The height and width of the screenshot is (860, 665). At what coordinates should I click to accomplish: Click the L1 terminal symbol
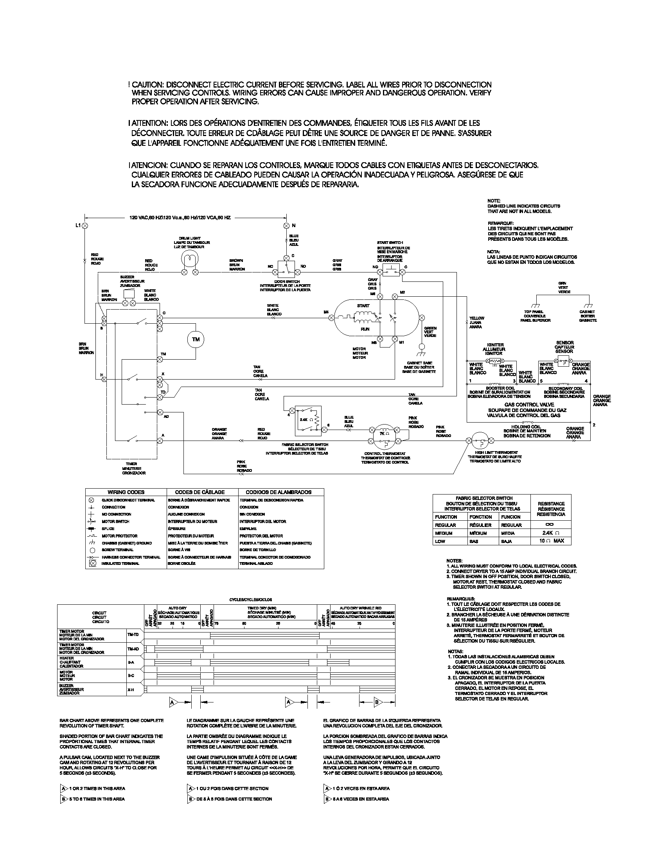click(x=85, y=226)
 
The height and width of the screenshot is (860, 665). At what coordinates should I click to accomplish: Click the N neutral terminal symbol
click(x=286, y=226)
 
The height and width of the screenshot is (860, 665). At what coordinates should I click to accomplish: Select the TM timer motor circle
click(x=196, y=339)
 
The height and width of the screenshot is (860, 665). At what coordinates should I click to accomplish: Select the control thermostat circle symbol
click(x=381, y=436)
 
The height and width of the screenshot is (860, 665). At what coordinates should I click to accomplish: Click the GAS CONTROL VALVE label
click(x=529, y=405)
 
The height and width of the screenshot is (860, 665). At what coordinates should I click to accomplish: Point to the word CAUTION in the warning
click(x=147, y=85)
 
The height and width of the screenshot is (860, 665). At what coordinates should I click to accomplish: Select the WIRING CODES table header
click(x=126, y=492)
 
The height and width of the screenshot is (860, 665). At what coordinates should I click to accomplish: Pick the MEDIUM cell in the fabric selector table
click(x=444, y=533)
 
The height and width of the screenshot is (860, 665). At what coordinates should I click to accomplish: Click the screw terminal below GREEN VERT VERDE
click(x=422, y=346)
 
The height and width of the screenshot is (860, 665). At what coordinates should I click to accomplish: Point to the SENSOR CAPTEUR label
click(x=564, y=346)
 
